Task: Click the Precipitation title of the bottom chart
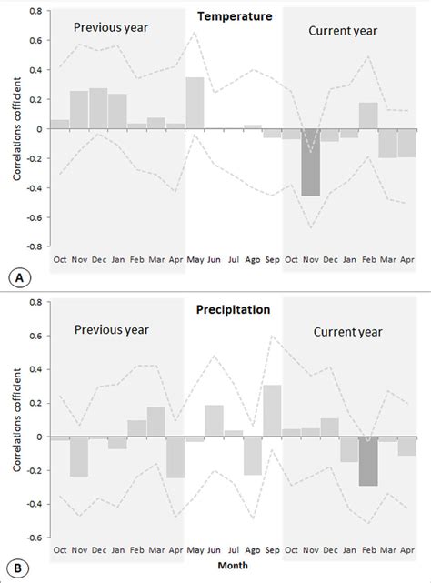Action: pyautogui.click(x=233, y=309)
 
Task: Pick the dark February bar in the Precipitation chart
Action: pyautogui.click(x=367, y=461)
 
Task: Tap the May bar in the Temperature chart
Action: pyautogui.click(x=195, y=103)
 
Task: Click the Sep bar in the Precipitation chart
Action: pyautogui.click(x=272, y=410)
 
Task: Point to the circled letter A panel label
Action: pyautogui.click(x=16, y=276)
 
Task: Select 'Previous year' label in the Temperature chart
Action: pyautogui.click(x=110, y=27)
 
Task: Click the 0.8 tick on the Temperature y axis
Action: pyautogui.click(x=34, y=12)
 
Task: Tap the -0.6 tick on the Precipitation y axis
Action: pyautogui.click(x=32, y=538)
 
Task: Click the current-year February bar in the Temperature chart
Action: pyautogui.click(x=367, y=116)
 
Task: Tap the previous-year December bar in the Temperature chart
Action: pyautogui.click(x=98, y=108)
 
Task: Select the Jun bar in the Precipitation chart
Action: pyautogui.click(x=214, y=420)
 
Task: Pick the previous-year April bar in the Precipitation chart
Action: pyautogui.click(x=175, y=457)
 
